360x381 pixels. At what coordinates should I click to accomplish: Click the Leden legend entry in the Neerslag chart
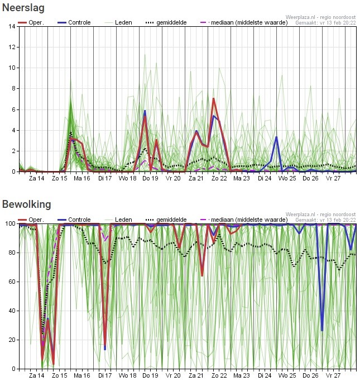119,22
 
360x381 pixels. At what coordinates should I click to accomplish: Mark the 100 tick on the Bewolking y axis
10,223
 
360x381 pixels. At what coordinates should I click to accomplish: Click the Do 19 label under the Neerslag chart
150,179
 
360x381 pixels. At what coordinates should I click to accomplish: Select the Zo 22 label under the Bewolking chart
219,375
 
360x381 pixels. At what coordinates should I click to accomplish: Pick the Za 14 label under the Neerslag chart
36,179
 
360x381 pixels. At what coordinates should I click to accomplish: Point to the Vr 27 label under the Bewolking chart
334,375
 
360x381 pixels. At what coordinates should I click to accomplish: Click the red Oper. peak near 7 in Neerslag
213,99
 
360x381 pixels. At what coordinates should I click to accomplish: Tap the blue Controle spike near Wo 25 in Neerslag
276,137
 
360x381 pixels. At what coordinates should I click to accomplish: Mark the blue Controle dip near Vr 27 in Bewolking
322,330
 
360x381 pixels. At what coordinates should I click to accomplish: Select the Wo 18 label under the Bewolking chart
127,375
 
